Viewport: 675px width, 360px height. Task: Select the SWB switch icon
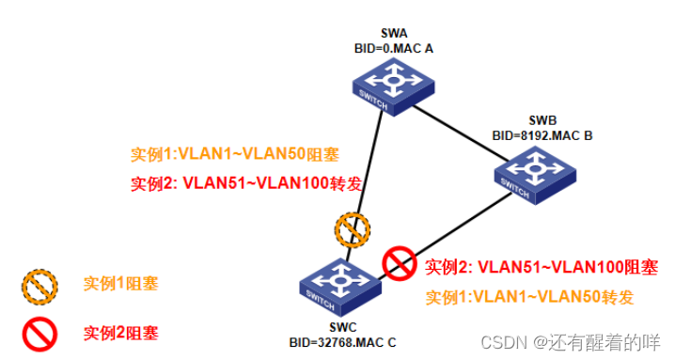[535, 175]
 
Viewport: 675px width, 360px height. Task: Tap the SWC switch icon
[340, 288]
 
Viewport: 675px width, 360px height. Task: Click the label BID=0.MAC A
[394, 49]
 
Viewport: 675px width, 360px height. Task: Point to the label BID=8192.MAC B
[542, 135]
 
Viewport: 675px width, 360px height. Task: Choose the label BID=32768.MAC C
[342, 342]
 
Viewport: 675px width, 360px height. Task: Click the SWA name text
[394, 33]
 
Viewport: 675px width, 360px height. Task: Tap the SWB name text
[542, 120]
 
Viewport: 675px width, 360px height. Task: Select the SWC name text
[342, 327]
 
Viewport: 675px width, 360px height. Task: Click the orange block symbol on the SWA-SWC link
[353, 229]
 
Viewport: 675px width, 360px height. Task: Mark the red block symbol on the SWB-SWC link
[400, 263]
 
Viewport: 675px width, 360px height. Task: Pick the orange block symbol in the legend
[40, 288]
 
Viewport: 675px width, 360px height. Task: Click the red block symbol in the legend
[40, 335]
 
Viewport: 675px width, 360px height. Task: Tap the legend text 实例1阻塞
[121, 284]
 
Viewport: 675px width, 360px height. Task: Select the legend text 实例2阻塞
[121, 333]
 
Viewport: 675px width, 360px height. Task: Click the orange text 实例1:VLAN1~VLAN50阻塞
[235, 154]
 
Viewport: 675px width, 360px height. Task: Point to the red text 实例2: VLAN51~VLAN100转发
[246, 183]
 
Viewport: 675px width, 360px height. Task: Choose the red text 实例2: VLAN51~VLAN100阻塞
[542, 267]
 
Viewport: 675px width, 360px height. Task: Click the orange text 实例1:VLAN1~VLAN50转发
[529, 297]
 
